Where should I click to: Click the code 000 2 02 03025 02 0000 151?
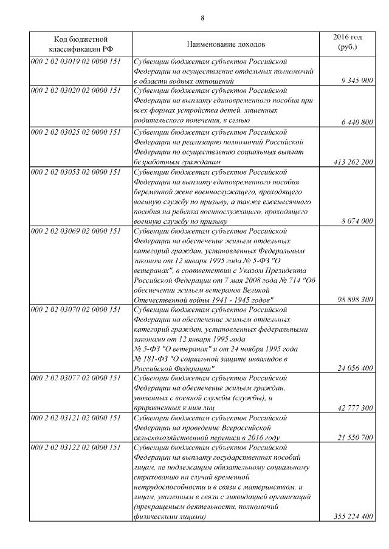(76, 132)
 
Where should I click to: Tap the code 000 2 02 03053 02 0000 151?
(76, 173)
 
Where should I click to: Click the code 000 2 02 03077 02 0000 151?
(76, 378)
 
